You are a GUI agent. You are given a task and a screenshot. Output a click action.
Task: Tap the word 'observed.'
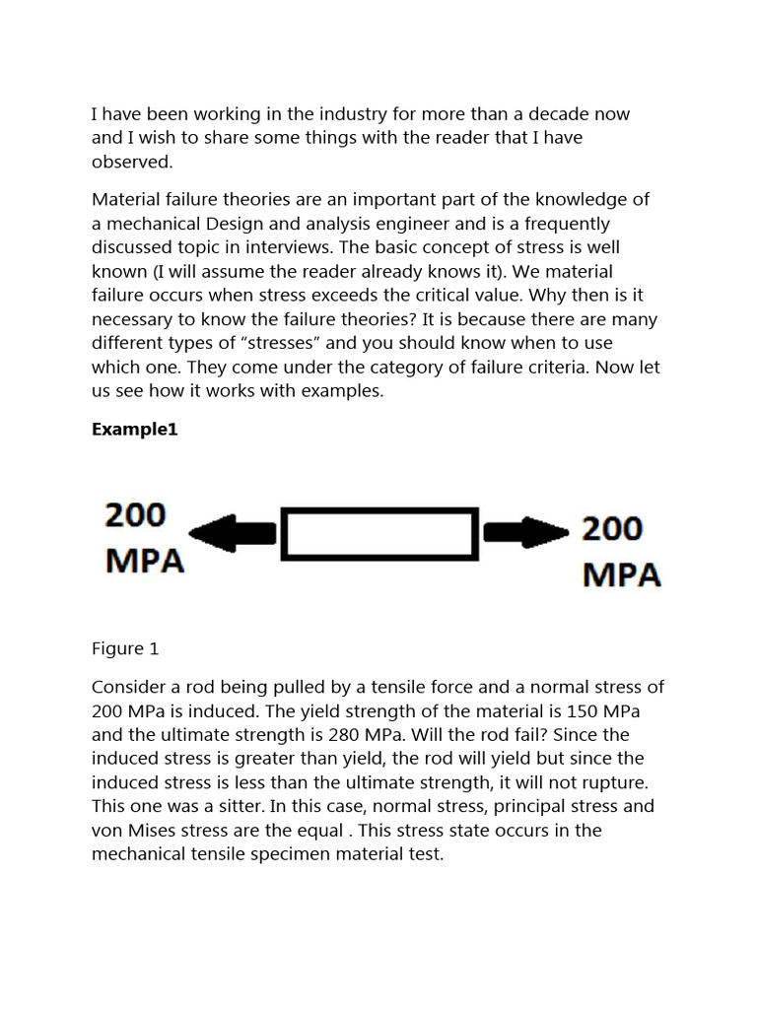point(132,163)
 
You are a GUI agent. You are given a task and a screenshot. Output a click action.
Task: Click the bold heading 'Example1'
point(134,430)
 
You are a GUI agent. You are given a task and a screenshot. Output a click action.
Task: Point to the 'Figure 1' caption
point(125,648)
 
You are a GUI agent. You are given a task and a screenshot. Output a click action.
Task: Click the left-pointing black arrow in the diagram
point(233,534)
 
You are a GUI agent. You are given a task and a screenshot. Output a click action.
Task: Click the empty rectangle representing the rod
point(379,534)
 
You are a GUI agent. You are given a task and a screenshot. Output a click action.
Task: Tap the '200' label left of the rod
point(136,514)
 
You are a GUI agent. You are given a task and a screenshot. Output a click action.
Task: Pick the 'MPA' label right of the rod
point(621,574)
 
